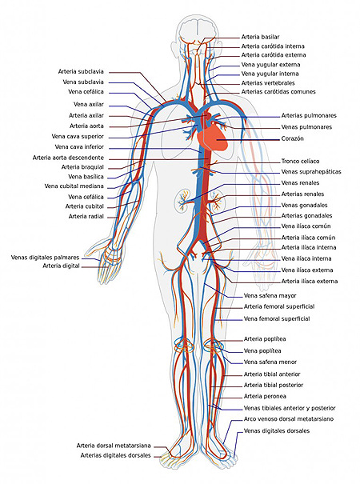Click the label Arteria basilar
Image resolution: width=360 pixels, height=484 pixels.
[260, 37]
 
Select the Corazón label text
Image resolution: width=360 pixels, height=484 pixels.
[292, 138]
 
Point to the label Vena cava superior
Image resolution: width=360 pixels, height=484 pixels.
[78, 137]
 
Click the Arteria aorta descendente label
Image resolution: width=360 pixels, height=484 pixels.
[68, 158]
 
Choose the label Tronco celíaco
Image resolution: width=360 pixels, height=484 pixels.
[300, 161]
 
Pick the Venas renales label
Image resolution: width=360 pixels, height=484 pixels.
[300, 182]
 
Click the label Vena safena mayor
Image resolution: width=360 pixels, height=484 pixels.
[270, 296]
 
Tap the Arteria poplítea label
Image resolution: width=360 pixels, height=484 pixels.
[265, 339]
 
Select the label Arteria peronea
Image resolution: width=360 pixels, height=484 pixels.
[265, 396]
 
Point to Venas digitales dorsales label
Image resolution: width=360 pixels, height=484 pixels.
[277, 431]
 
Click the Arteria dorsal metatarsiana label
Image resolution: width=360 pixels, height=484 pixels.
[114, 446]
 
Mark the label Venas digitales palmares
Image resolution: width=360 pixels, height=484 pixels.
[45, 258]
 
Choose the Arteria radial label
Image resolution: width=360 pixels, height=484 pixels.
[86, 217]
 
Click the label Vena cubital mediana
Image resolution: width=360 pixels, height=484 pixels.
[74, 186]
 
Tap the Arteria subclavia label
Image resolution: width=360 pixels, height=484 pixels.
[81, 72]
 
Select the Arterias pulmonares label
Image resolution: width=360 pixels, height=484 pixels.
[309, 116]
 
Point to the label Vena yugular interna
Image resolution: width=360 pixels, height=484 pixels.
[270, 74]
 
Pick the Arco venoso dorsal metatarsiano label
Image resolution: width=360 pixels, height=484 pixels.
[289, 419]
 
